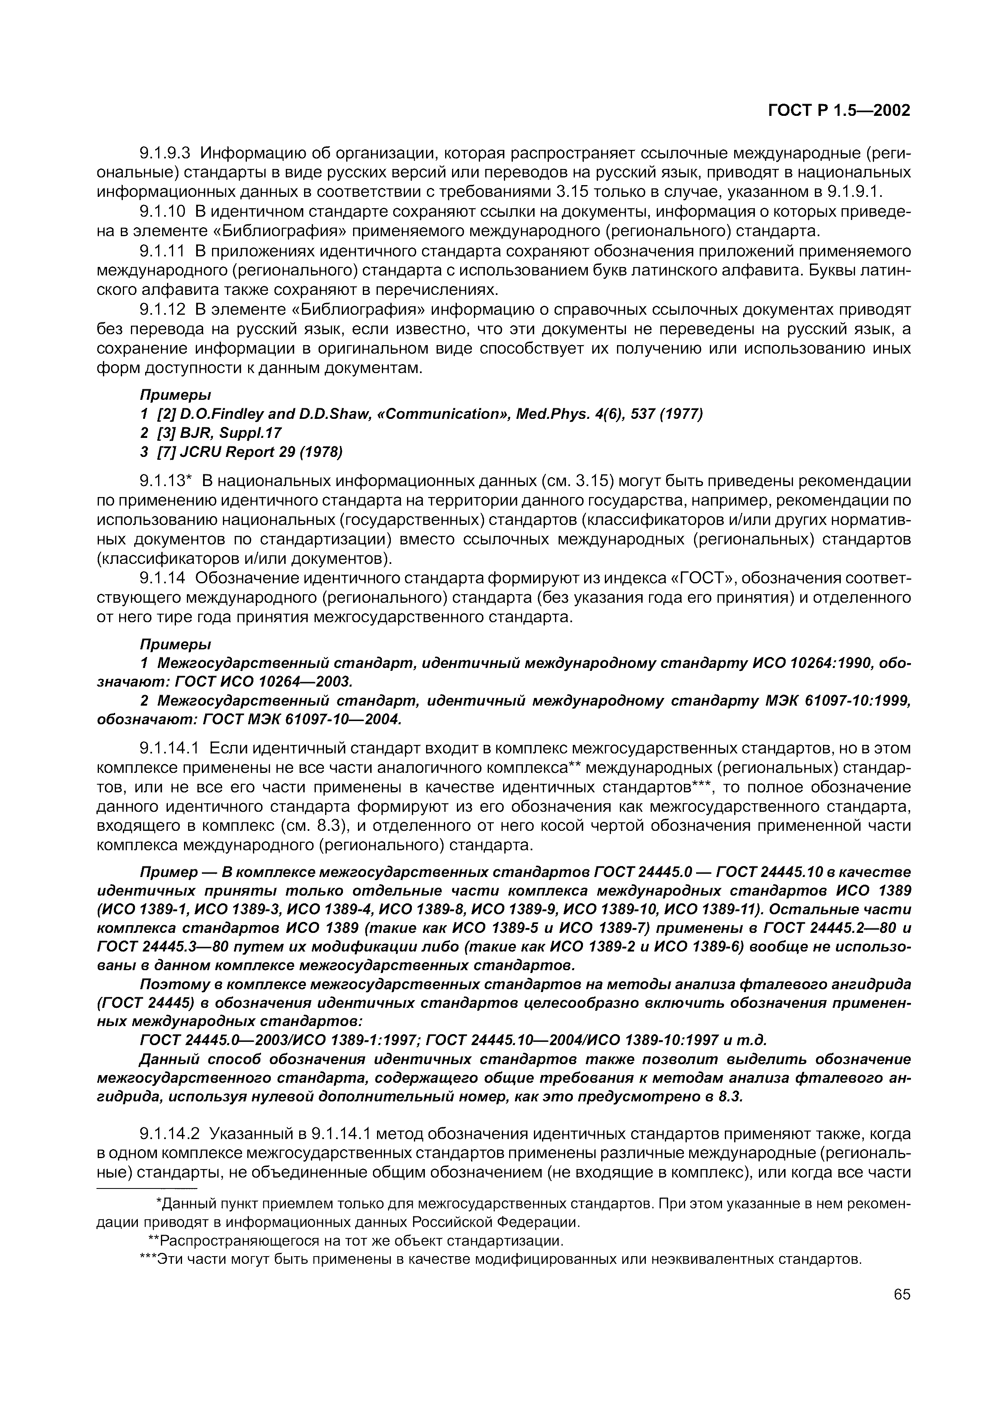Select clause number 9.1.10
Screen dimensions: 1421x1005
[x=162, y=212]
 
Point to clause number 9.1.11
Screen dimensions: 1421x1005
[x=162, y=251]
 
